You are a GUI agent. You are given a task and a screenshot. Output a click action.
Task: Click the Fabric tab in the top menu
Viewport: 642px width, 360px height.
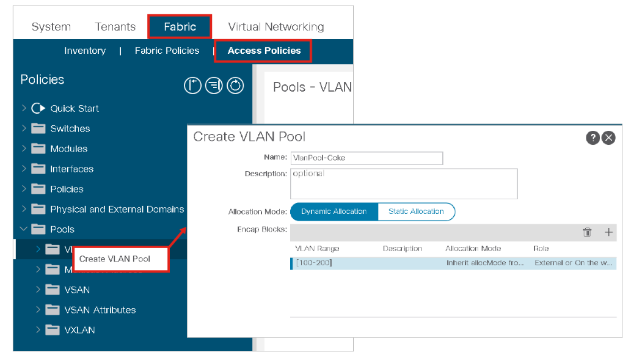tap(180, 27)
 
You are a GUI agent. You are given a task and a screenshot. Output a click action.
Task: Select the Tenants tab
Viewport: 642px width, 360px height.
tap(115, 27)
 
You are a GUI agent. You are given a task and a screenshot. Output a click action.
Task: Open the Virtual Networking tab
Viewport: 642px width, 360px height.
tap(275, 27)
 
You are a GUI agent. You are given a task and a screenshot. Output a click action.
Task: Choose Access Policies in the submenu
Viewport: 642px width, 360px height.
tap(264, 51)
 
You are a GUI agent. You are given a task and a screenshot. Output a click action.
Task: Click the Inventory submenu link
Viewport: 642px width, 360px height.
tap(85, 51)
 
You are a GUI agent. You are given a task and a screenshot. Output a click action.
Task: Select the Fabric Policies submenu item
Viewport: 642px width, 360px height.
tap(167, 51)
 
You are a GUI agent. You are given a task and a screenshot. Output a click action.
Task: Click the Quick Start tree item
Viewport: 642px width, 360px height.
tap(75, 109)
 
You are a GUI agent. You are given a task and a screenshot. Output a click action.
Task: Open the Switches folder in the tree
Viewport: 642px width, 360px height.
tap(70, 129)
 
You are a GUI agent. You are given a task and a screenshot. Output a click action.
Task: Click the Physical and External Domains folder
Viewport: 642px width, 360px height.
tap(117, 210)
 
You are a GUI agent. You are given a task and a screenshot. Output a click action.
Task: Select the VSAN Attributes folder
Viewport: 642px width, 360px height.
tap(100, 310)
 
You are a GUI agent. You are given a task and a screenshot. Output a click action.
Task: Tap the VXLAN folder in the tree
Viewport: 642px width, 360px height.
tap(79, 330)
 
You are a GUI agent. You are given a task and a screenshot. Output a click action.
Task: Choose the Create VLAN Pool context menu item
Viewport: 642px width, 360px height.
tap(115, 259)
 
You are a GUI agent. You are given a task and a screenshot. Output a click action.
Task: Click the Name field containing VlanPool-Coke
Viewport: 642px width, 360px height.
tap(367, 158)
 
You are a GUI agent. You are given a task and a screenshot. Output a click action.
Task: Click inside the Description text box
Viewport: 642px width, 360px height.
tap(404, 183)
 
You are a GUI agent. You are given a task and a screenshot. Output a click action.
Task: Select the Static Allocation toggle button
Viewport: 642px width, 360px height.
tap(416, 211)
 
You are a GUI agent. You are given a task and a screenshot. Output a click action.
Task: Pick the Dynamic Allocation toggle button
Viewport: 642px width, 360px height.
tap(334, 211)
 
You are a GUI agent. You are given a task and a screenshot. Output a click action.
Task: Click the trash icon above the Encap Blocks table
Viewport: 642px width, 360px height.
tap(587, 232)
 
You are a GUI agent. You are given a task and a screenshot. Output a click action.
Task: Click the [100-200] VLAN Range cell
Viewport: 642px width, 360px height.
tap(314, 263)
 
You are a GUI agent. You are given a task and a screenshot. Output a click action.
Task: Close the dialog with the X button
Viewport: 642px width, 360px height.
tap(608, 138)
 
